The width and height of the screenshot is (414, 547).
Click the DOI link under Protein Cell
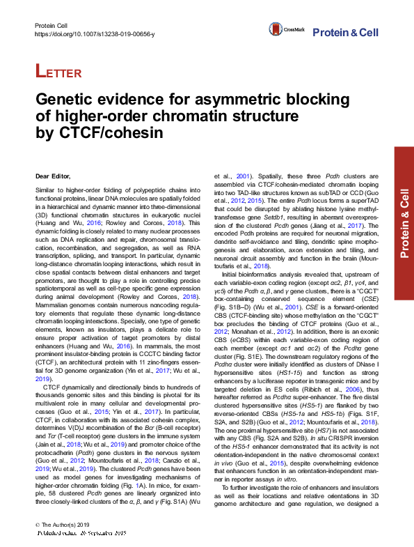point(95,34)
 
